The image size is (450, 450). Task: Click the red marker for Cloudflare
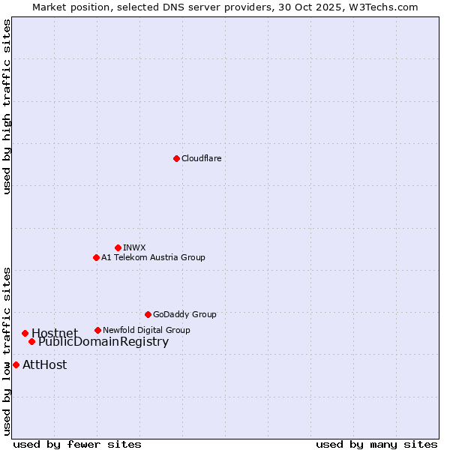[x=176, y=158]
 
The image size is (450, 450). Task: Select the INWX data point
[x=118, y=247]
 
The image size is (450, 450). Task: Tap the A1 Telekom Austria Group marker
[x=96, y=257]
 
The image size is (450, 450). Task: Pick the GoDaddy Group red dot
[x=148, y=314]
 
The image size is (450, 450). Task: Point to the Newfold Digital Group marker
[x=97, y=330]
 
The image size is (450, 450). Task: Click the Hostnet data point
[x=25, y=333]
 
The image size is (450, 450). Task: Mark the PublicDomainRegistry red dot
[x=31, y=342]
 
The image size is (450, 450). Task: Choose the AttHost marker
[x=16, y=364]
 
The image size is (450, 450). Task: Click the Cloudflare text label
[x=202, y=158]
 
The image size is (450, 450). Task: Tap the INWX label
[x=134, y=247]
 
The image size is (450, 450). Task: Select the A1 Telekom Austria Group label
[x=153, y=257]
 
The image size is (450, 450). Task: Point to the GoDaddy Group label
[x=184, y=314]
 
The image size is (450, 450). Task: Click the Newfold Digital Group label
[x=146, y=330]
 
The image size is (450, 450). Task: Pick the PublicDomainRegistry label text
[x=103, y=342]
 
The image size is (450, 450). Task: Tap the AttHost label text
[x=44, y=365]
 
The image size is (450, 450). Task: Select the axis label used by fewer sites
[x=77, y=444]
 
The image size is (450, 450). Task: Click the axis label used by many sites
[x=376, y=444]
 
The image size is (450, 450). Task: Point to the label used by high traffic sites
[x=7, y=106]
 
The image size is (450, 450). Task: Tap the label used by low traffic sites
[x=7, y=350]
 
